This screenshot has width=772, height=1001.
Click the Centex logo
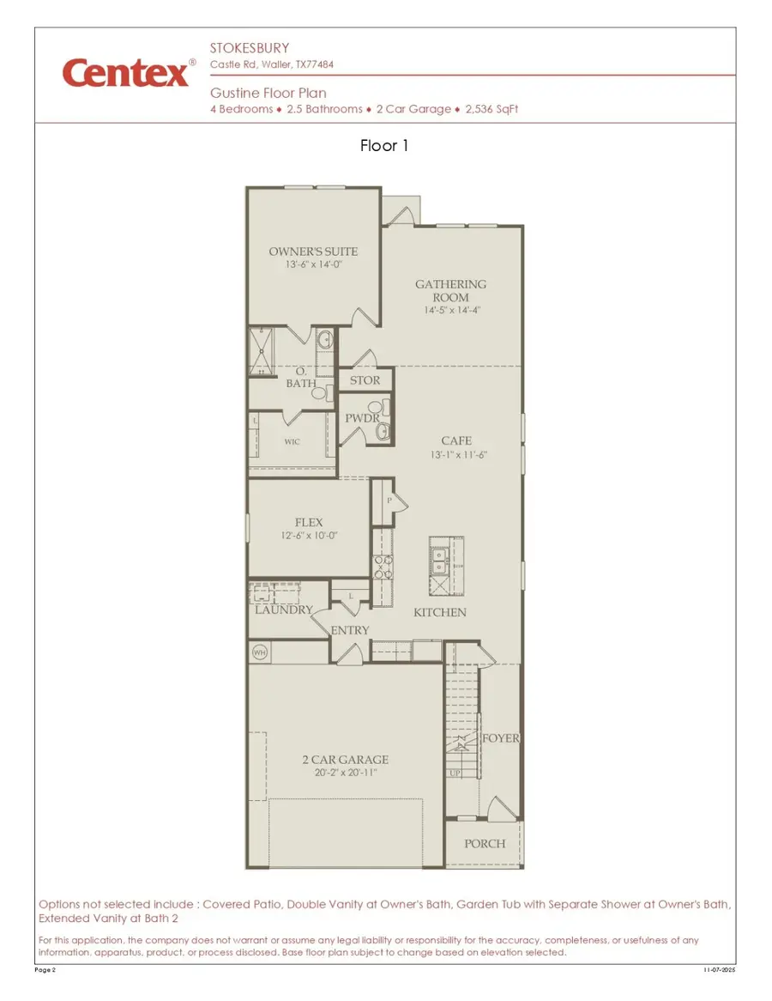pyautogui.click(x=125, y=73)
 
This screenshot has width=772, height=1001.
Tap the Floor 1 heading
pyautogui.click(x=385, y=146)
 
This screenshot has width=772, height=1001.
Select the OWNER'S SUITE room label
pyautogui.click(x=313, y=252)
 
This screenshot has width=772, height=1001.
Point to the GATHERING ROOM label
pyautogui.click(x=451, y=290)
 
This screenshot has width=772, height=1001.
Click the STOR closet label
pyautogui.click(x=365, y=380)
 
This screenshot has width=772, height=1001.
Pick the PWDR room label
pyautogui.click(x=362, y=418)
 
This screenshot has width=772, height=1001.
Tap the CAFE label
pyautogui.click(x=456, y=440)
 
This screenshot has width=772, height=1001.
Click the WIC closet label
pyautogui.click(x=293, y=442)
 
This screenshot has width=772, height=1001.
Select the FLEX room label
pyautogui.click(x=309, y=522)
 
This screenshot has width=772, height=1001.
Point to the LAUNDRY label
pyautogui.click(x=284, y=610)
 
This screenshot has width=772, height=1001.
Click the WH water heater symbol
pyautogui.click(x=259, y=653)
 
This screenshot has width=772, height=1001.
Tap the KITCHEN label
pyautogui.click(x=440, y=612)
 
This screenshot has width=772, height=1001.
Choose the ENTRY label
pyautogui.click(x=350, y=630)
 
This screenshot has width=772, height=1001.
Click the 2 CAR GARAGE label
pyautogui.click(x=345, y=760)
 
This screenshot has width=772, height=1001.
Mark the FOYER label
pyautogui.click(x=501, y=738)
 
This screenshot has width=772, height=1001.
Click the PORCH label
pyautogui.click(x=485, y=843)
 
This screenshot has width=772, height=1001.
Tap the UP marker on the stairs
pyautogui.click(x=455, y=773)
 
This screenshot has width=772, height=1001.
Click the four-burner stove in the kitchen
pyautogui.click(x=383, y=567)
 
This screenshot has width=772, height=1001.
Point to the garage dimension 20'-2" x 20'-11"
pyautogui.click(x=345, y=773)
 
